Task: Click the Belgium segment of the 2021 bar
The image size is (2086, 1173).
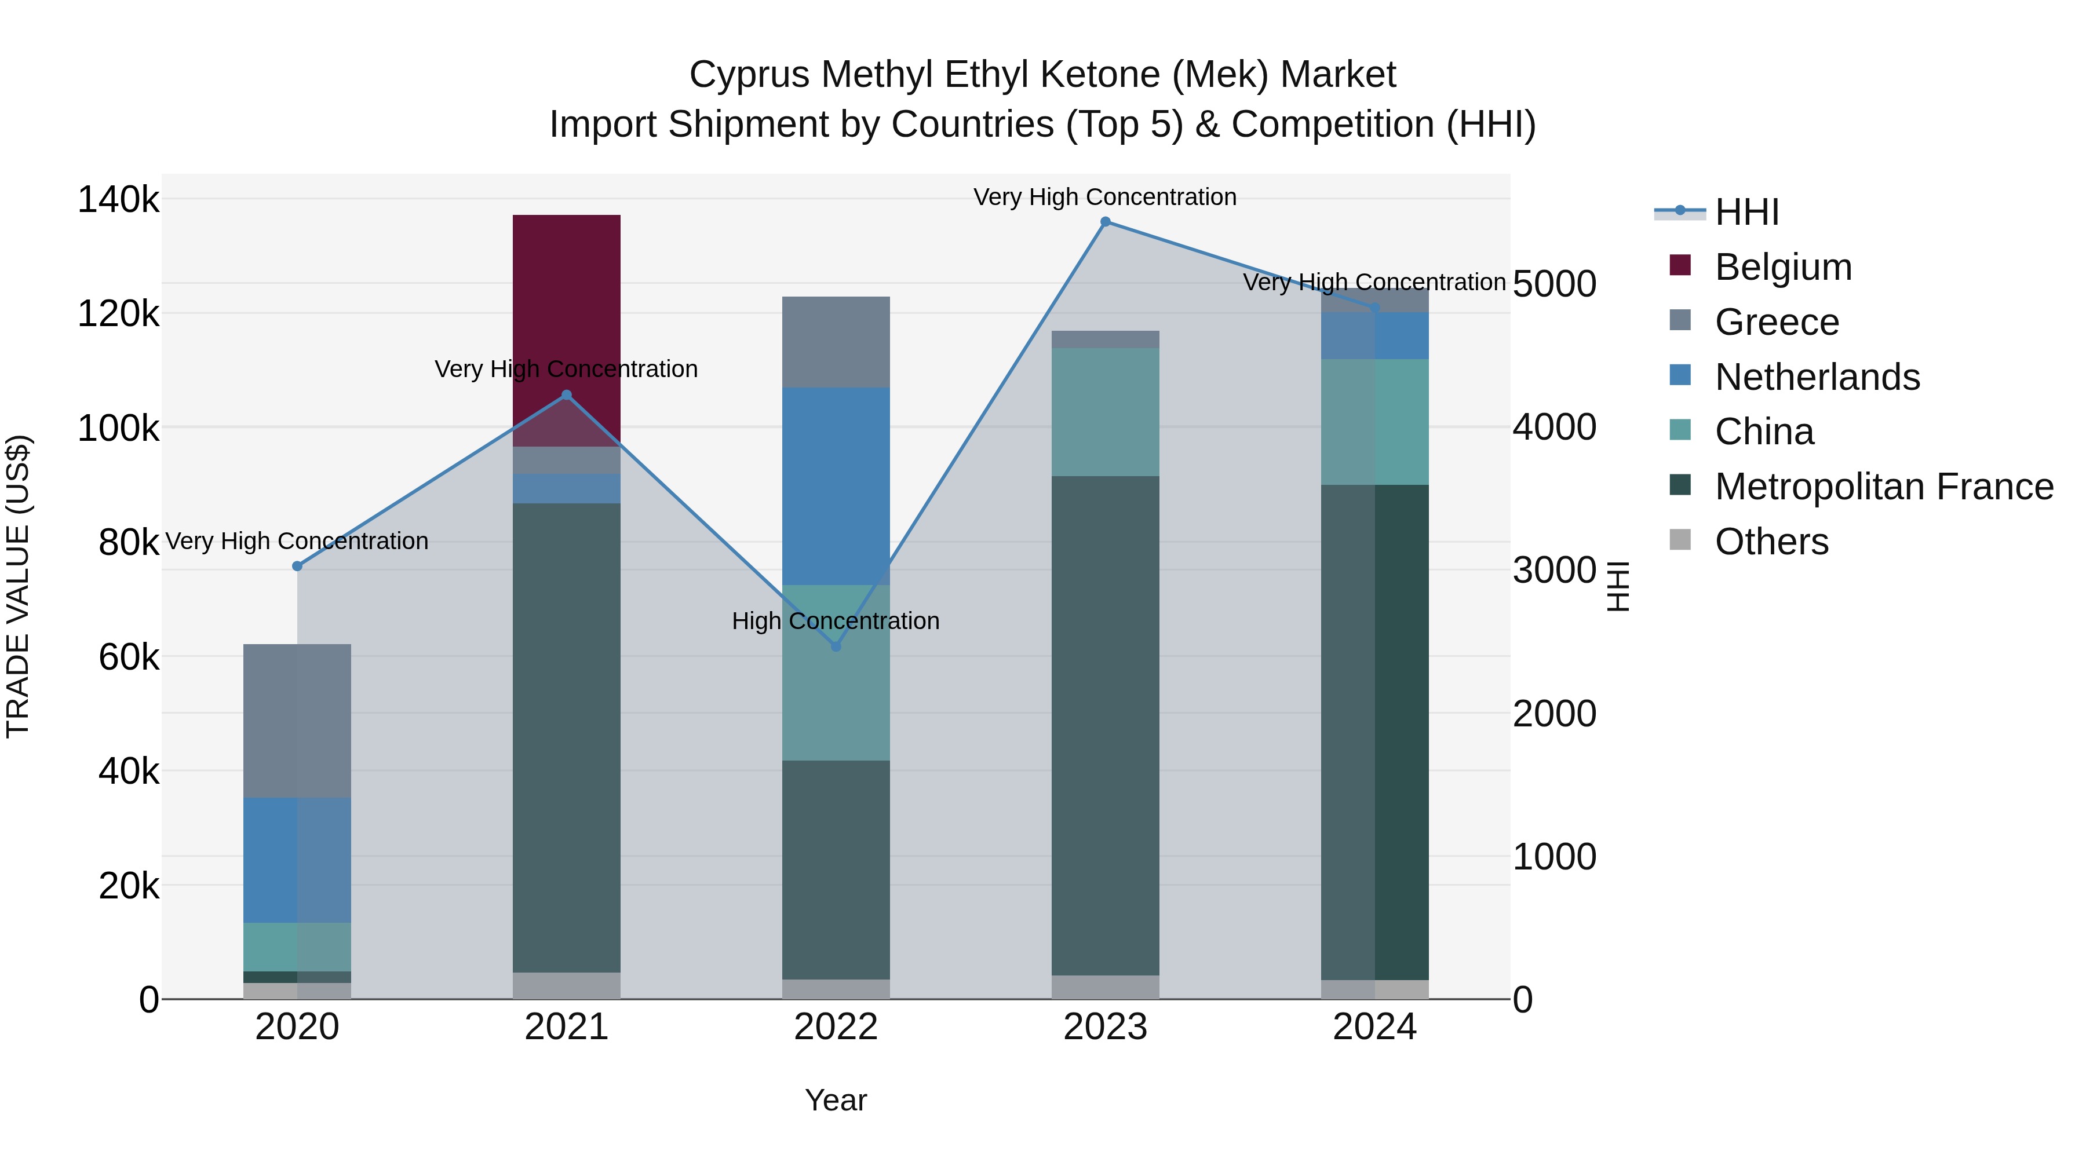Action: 566,324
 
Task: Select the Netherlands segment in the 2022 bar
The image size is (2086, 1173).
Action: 836,486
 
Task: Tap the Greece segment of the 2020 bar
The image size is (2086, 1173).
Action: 297,721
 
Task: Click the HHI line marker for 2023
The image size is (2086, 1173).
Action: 1106,222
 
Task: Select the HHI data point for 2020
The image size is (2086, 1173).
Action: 297,566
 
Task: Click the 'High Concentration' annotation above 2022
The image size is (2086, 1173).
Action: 836,621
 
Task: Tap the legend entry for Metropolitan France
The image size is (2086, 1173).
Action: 1884,487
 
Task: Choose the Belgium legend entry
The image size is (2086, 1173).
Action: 1783,267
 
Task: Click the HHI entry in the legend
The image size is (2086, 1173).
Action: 1746,212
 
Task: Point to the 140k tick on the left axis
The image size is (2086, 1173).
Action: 118,199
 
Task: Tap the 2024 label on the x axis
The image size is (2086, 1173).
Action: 1374,1027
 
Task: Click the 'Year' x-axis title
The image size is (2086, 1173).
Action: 836,1100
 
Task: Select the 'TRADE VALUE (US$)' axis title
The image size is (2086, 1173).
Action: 18,586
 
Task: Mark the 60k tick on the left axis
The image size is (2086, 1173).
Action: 129,657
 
